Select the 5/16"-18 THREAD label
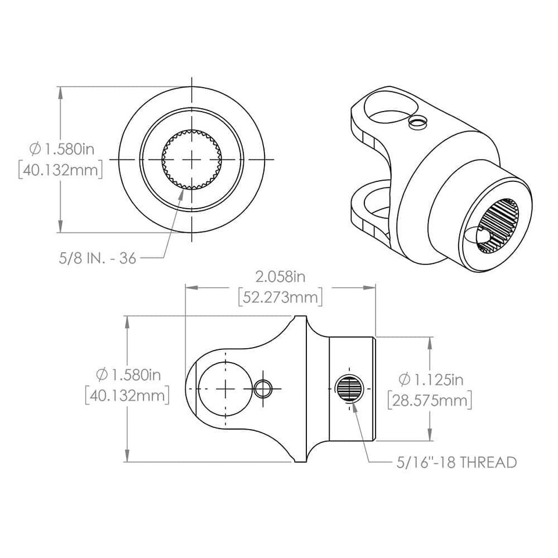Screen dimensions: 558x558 point(455,463)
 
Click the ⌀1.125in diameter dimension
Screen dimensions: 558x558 point(431,380)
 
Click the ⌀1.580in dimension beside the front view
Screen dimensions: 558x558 point(60,149)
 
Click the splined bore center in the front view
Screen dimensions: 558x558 point(192,159)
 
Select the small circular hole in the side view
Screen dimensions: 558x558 point(263,388)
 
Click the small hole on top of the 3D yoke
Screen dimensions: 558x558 point(417,121)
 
